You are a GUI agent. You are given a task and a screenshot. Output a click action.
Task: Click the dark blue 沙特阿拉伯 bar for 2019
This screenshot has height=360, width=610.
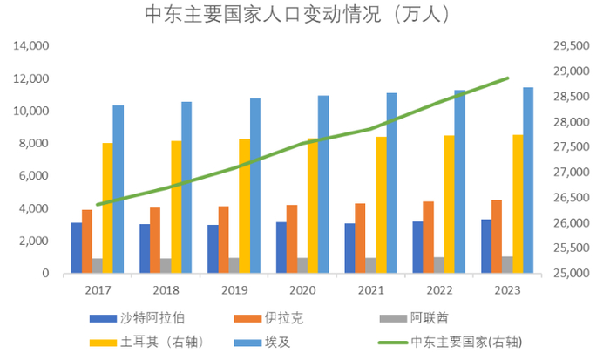click(213, 248)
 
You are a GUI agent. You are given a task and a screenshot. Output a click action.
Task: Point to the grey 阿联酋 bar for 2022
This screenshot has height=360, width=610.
click(439, 265)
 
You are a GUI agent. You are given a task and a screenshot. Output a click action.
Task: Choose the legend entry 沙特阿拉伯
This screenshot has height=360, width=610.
click(162, 319)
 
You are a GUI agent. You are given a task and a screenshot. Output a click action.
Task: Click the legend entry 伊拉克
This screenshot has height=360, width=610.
click(304, 319)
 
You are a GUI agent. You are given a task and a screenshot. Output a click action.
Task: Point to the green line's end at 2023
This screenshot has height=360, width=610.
click(508, 78)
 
